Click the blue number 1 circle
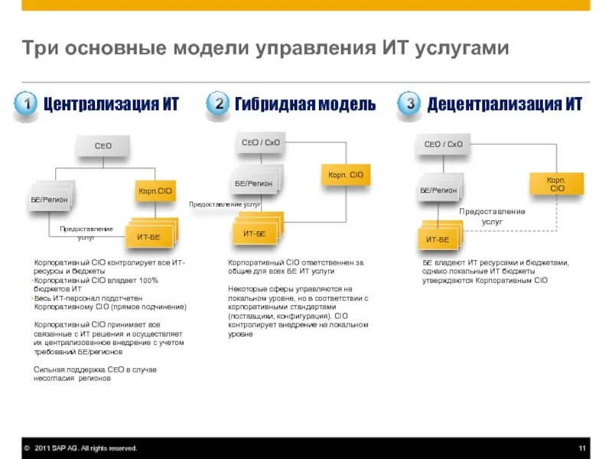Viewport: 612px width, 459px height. pos(26,105)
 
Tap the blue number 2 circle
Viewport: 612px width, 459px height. pos(218,105)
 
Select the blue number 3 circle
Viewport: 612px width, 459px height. pos(410,105)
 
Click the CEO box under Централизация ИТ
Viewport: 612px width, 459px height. pos(103,145)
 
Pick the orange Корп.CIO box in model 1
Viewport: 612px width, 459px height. pos(155,190)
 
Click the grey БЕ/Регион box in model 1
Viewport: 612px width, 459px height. pos(49,199)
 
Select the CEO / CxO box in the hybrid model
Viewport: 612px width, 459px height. pos(261,142)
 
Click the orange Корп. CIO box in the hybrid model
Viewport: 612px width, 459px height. pos(345,175)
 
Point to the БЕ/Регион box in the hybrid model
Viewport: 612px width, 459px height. pos(253,184)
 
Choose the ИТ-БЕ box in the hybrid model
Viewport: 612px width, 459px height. pos(255,233)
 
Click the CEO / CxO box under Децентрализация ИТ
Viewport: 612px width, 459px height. pos(444,144)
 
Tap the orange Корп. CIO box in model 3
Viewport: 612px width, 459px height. pos(556,184)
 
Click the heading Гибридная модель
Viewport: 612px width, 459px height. pos(305,105)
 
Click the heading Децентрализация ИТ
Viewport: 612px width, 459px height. pos(504,105)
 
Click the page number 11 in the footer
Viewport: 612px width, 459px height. pos(581,448)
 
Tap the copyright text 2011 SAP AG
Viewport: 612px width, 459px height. pos(84,448)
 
